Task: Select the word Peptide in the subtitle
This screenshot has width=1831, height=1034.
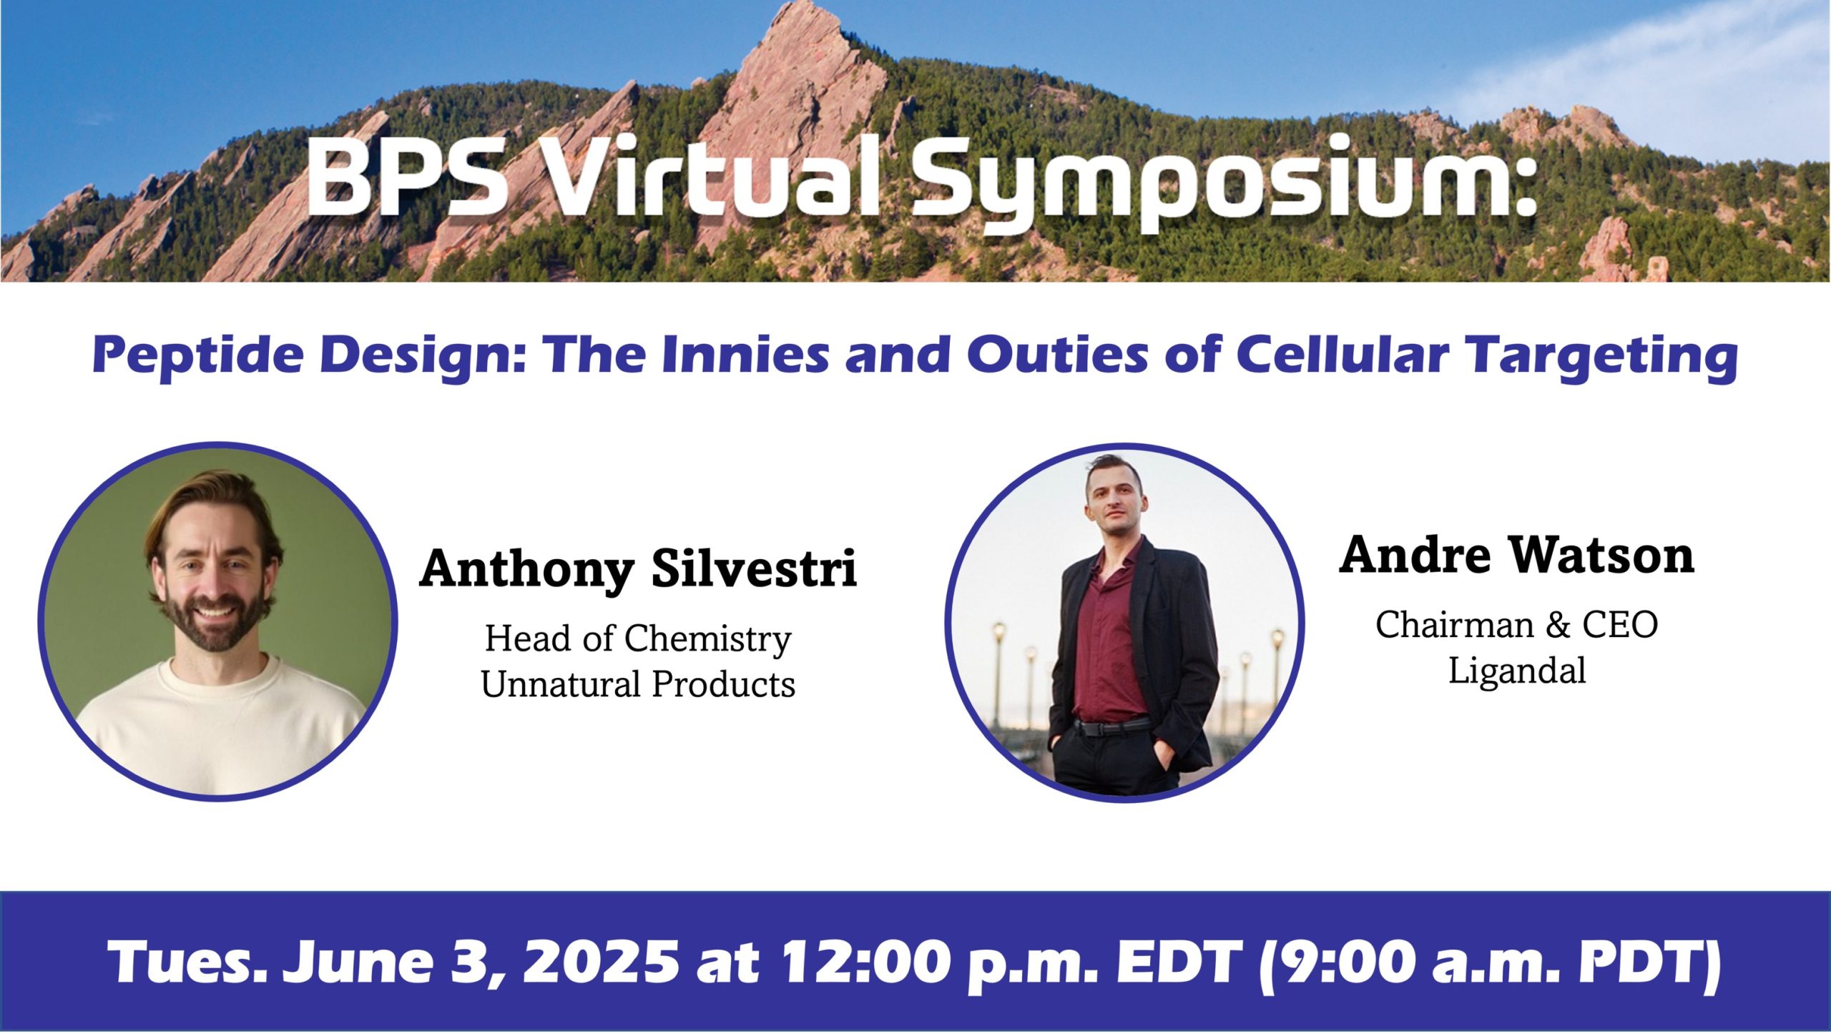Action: click(197, 355)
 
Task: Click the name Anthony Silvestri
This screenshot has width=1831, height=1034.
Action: click(638, 569)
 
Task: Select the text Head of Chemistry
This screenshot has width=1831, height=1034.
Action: click(638, 639)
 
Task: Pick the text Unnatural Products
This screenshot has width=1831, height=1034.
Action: click(638, 684)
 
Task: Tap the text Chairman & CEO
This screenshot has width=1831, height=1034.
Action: click(1517, 625)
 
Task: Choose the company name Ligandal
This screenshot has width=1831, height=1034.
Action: click(1517, 671)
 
